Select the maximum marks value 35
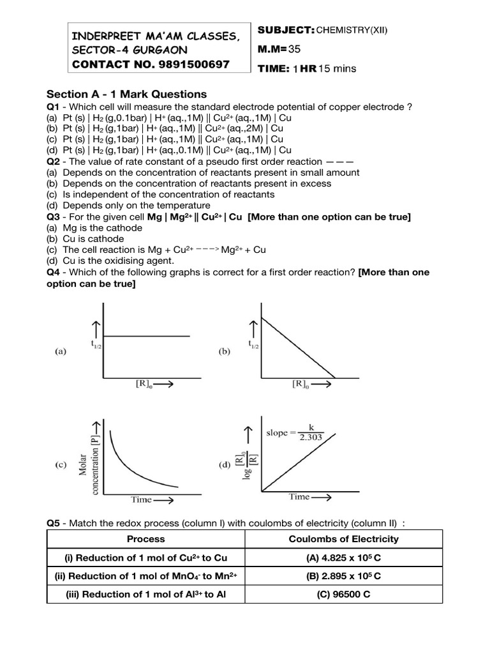(x=294, y=49)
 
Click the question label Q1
(x=53, y=107)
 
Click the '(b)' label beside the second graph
(x=225, y=351)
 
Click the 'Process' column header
(x=146, y=538)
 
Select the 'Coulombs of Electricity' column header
(x=343, y=538)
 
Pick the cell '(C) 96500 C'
(x=343, y=594)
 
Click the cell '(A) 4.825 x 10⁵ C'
(x=343, y=557)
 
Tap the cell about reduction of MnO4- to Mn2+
(x=146, y=575)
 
